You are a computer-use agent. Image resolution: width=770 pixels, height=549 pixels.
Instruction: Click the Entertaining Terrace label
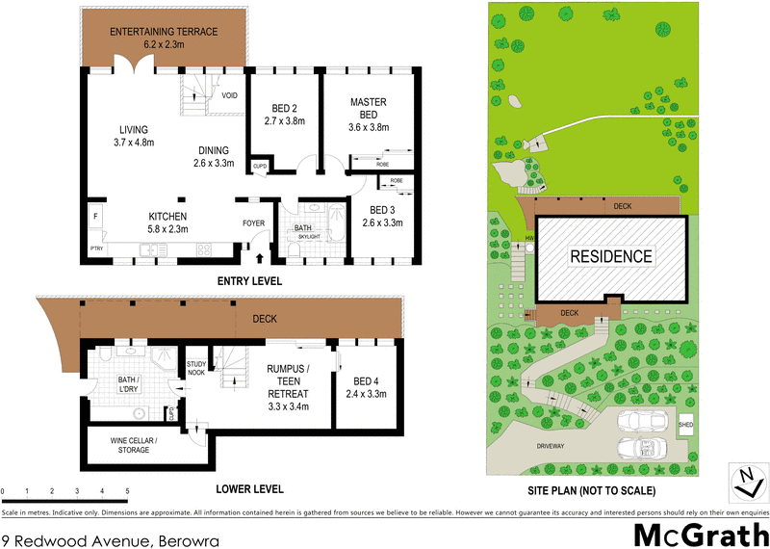[163, 38]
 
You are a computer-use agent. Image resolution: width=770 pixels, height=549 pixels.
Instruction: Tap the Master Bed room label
[368, 108]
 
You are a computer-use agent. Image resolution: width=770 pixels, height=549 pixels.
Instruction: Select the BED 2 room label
[284, 115]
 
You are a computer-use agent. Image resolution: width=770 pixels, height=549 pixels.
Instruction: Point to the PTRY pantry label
[96, 249]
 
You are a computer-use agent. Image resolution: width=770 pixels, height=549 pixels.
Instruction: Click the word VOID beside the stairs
[229, 95]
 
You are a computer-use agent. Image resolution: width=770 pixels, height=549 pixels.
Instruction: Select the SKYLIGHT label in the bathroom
[309, 235]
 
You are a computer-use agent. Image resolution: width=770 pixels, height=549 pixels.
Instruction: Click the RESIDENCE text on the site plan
[611, 257]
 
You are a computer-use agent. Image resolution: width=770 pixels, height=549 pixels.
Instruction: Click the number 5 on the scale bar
[127, 490]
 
